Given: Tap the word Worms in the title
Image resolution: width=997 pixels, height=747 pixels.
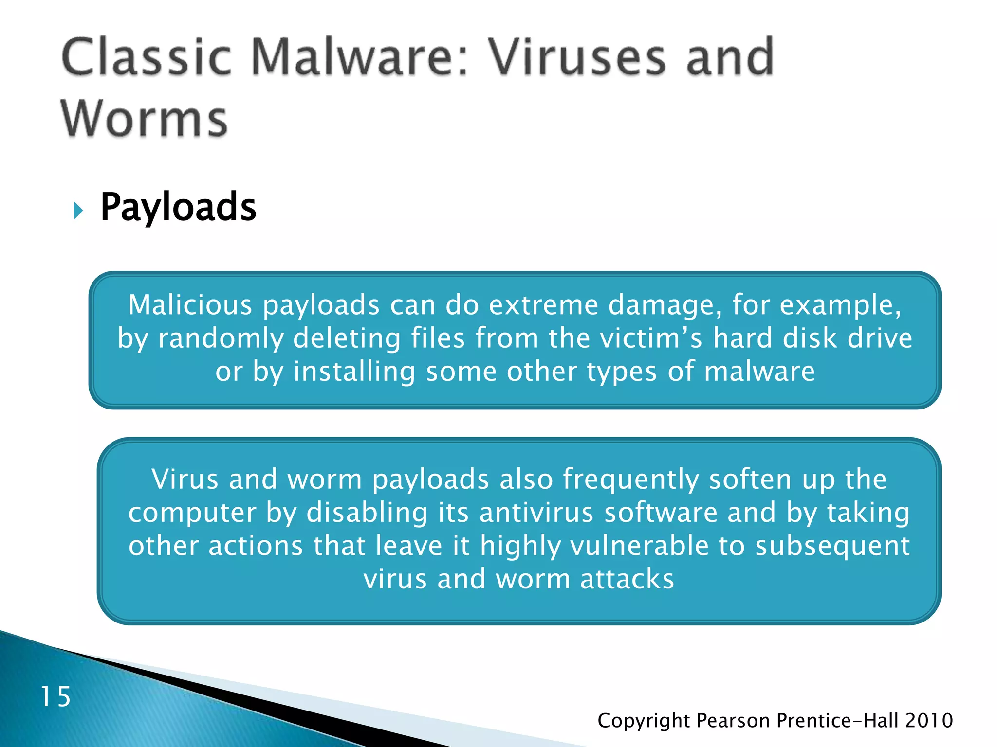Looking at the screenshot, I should (145, 119).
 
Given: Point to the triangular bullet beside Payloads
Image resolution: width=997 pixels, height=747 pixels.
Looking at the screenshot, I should (78, 211).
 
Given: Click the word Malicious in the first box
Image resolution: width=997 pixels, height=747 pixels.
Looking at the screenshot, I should (190, 305).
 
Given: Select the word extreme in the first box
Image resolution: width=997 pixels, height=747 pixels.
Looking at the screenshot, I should (543, 305).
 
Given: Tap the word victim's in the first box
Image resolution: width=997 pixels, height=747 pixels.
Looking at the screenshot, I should (651, 338).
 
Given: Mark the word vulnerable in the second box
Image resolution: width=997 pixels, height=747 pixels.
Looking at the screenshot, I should (639, 546).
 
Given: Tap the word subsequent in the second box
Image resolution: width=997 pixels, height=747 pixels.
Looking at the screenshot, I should (832, 547).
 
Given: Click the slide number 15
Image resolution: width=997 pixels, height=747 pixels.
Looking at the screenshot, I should (55, 696).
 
